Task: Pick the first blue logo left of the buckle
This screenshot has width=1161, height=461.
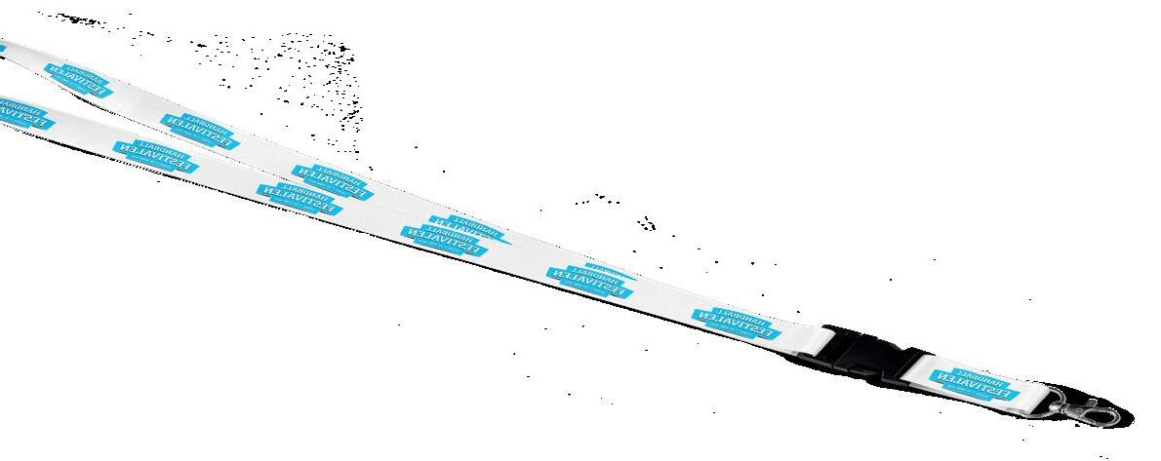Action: (736, 325)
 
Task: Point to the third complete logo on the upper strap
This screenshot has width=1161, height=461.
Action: (333, 182)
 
